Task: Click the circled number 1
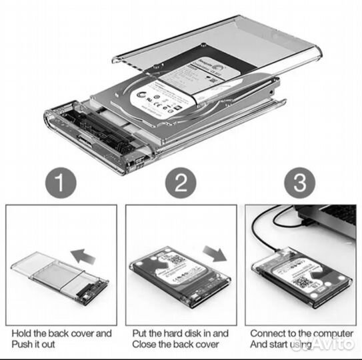coord(60,183)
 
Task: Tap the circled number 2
coord(180,183)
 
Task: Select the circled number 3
coord(298,183)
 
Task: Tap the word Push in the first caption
coord(21,345)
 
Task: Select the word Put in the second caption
coord(140,332)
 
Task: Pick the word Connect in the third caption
coord(268,332)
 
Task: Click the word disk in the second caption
coord(198,332)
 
